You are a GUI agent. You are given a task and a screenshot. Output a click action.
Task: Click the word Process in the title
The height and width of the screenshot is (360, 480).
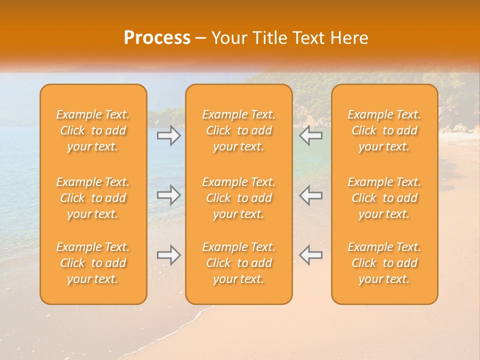pyautogui.click(x=157, y=38)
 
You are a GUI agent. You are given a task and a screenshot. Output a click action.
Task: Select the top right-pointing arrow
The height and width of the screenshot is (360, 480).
pyautogui.click(x=168, y=135)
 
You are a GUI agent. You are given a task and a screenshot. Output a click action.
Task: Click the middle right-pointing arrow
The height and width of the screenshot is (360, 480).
pyautogui.click(x=168, y=195)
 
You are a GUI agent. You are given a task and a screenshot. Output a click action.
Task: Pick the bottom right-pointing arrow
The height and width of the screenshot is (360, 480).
pyautogui.click(x=168, y=255)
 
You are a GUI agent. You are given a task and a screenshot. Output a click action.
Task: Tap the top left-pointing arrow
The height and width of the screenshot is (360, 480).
pyautogui.click(x=311, y=135)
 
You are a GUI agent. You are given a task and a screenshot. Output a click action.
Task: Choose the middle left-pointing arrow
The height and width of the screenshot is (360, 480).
pyautogui.click(x=311, y=195)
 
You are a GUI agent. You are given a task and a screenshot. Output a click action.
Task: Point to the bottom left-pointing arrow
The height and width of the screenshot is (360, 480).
pyautogui.click(x=311, y=255)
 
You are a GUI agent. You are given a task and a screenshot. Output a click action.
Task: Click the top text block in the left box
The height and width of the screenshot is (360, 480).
pyautogui.click(x=93, y=130)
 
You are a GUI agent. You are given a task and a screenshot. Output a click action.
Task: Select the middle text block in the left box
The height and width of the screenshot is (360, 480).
pyautogui.click(x=93, y=198)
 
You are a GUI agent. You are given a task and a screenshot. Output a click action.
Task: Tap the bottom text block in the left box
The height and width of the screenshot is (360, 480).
pyautogui.click(x=93, y=263)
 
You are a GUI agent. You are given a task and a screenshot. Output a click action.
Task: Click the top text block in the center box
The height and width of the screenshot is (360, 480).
pyautogui.click(x=239, y=130)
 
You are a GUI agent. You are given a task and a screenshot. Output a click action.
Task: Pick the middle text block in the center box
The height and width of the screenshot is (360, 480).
pyautogui.click(x=239, y=198)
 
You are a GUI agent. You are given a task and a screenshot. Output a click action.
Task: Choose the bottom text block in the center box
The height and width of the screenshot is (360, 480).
pyautogui.click(x=239, y=263)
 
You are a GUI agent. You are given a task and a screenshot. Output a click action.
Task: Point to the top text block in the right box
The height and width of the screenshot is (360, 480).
pyautogui.click(x=384, y=130)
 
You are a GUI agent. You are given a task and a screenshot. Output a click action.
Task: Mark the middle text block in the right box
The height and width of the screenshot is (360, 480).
pyautogui.click(x=384, y=198)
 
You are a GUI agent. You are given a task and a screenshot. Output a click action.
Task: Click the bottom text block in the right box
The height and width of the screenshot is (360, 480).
pyautogui.click(x=384, y=263)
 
